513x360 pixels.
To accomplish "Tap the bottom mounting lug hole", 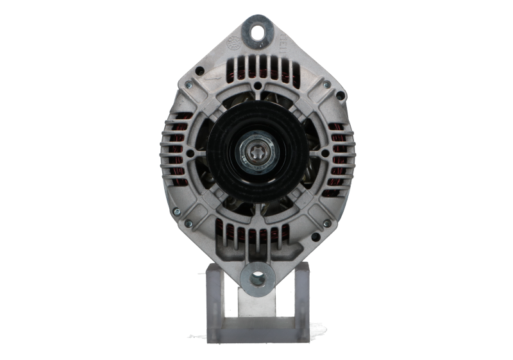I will (x=258, y=277).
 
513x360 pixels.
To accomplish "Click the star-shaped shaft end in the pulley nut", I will (x=256, y=155).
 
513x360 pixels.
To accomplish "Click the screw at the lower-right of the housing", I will (x=326, y=223).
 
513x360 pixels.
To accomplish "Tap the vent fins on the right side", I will (x=343, y=155).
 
